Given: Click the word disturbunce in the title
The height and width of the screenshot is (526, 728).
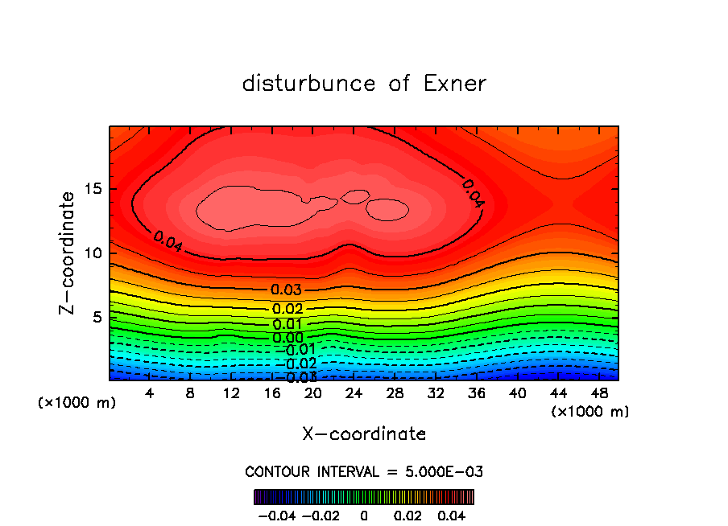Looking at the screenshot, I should (309, 84).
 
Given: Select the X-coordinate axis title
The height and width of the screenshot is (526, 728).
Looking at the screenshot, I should (364, 434).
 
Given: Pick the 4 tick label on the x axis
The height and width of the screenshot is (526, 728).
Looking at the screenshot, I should (150, 393).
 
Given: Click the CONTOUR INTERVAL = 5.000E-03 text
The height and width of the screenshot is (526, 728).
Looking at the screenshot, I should (364, 471).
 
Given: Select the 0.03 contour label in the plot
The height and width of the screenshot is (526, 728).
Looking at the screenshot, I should (287, 290).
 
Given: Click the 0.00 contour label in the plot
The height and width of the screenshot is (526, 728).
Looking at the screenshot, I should (287, 338).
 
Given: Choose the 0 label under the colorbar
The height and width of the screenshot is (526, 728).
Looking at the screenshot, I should (364, 515).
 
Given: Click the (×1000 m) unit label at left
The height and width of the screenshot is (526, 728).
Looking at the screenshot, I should (77, 402).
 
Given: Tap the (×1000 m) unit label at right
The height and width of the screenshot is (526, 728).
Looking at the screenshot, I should (590, 411).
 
